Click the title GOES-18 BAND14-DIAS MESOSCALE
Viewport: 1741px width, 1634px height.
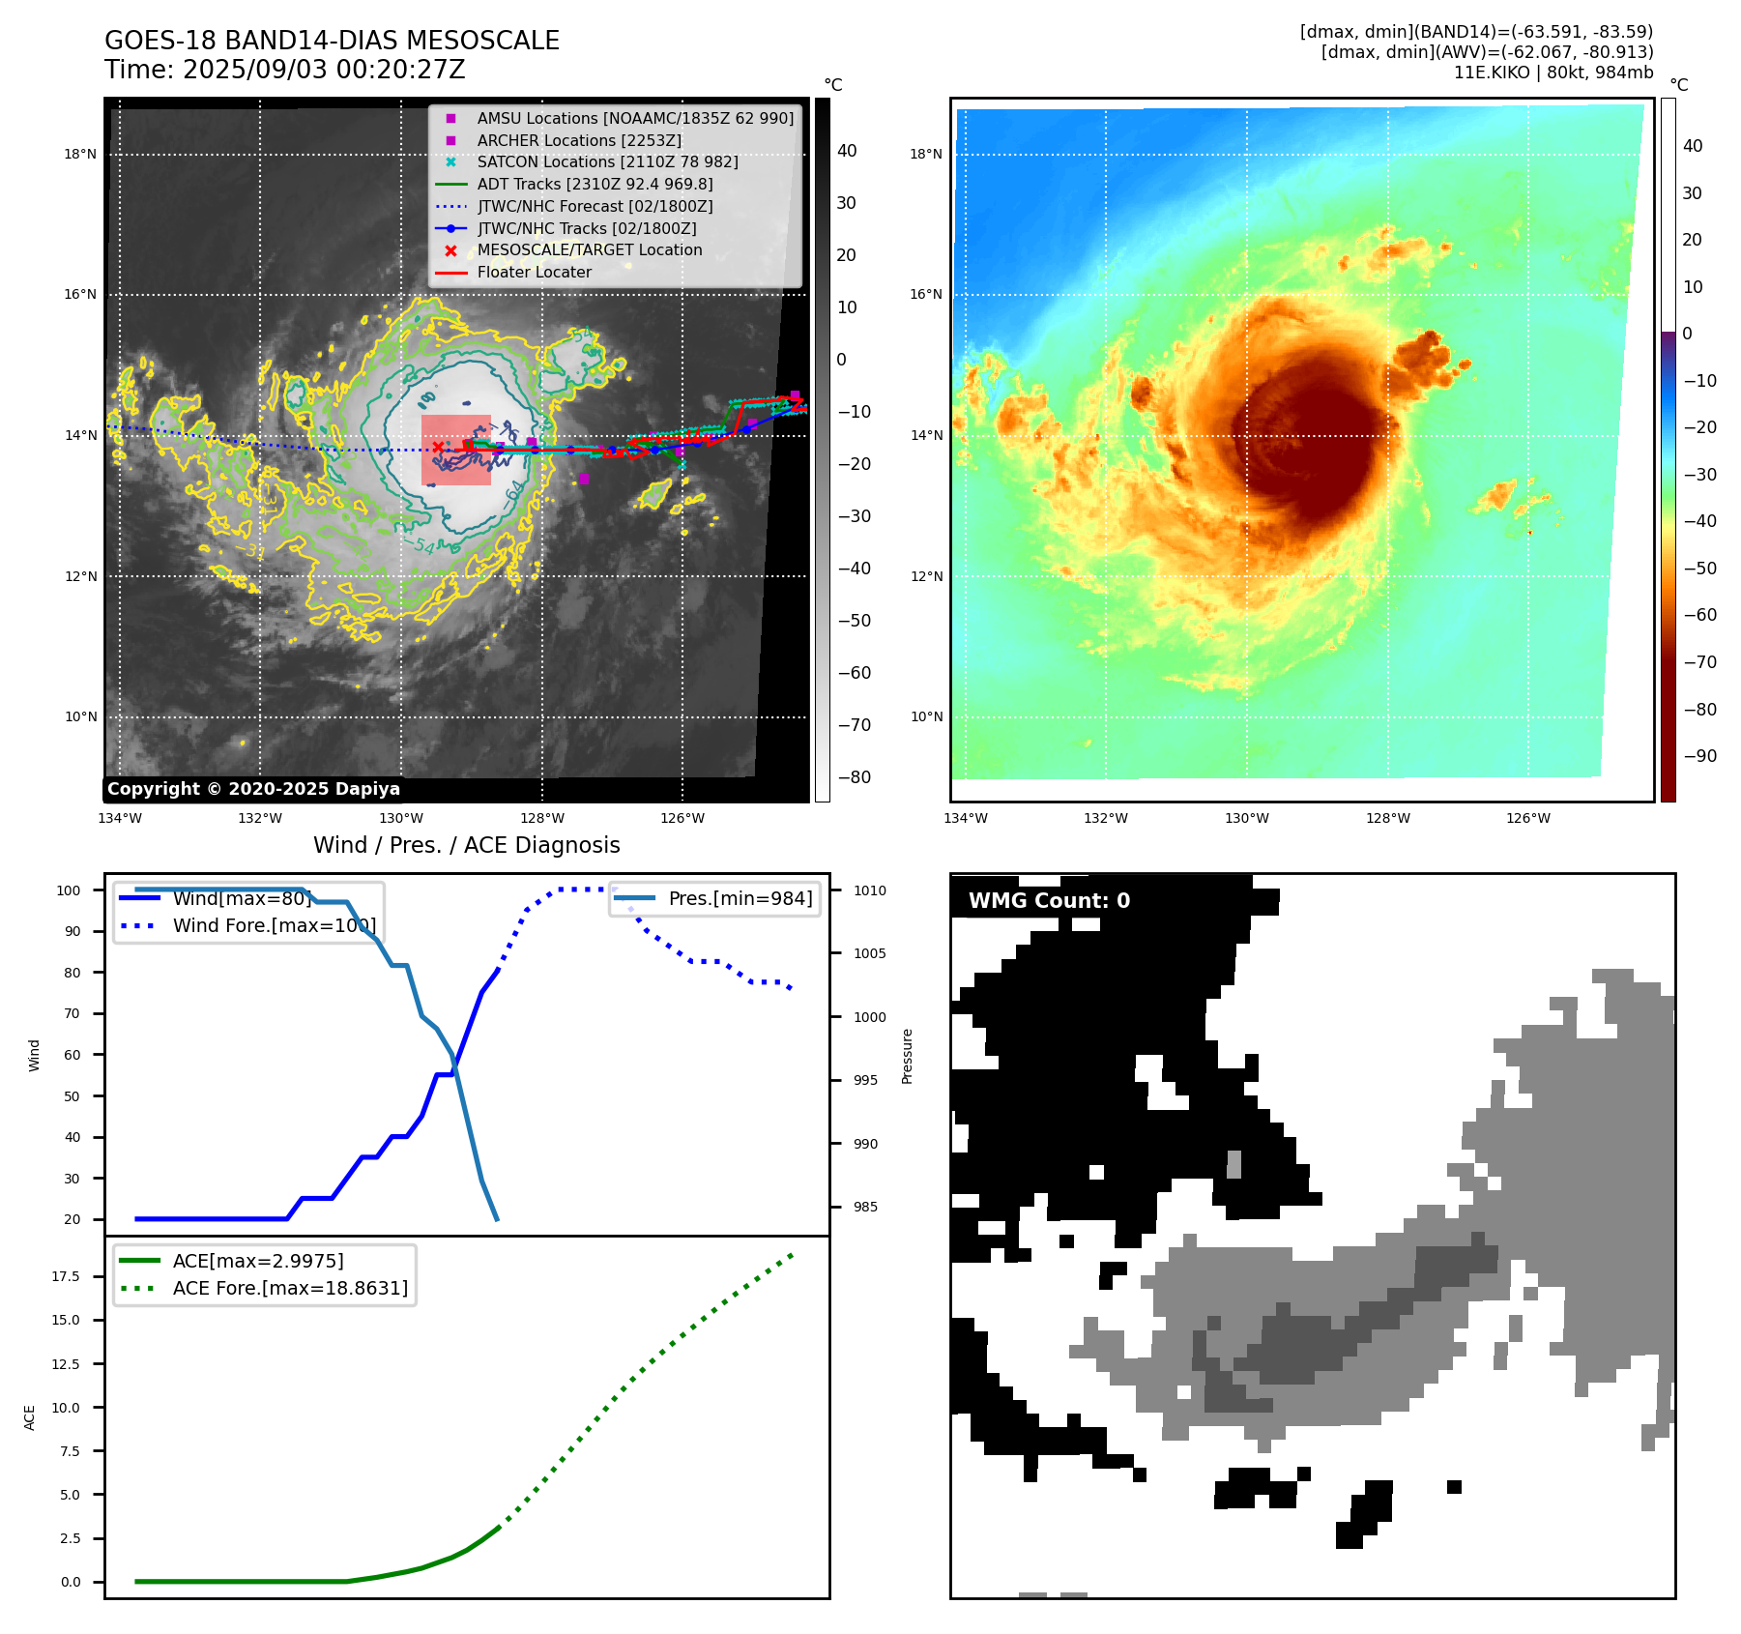[332, 41]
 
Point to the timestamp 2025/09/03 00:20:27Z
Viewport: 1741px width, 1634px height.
[323, 71]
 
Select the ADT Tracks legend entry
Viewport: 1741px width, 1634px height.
[595, 184]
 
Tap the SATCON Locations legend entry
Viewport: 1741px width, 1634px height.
[607, 161]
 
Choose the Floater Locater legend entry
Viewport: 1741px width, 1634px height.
[534, 272]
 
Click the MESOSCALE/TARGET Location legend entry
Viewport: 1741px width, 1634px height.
[589, 249]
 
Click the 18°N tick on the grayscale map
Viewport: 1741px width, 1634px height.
[80, 154]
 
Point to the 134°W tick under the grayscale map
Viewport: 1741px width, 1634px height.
[120, 818]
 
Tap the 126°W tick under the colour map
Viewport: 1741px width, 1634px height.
[1527, 818]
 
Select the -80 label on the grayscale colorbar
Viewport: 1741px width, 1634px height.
[854, 777]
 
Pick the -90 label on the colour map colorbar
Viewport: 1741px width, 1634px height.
[1699, 756]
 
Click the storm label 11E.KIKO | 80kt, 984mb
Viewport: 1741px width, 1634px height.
[1552, 73]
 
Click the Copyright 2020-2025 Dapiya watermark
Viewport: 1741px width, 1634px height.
[253, 789]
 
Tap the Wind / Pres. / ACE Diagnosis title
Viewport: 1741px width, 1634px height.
[466, 845]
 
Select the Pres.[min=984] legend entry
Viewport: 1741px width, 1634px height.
[740, 898]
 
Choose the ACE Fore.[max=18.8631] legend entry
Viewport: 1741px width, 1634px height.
[290, 1288]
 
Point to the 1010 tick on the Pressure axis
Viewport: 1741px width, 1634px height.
[869, 890]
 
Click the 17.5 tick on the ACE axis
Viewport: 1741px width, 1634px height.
[66, 1276]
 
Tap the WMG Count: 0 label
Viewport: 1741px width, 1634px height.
[1049, 901]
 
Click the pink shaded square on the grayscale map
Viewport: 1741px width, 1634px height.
[456, 451]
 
